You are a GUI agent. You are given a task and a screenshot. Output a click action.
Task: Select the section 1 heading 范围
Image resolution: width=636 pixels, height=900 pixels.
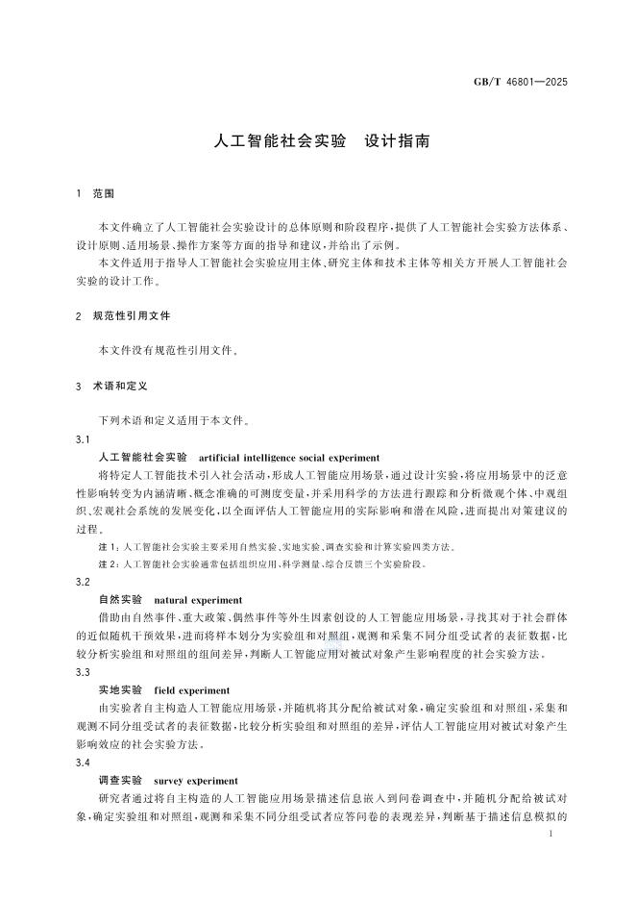tap(104, 193)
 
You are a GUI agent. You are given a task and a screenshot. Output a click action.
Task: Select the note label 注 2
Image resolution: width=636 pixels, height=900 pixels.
tap(110, 564)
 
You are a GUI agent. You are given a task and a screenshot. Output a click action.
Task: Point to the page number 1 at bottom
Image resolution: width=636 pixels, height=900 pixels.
tap(549, 837)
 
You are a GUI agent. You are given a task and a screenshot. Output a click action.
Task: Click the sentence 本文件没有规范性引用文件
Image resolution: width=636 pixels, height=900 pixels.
tap(167, 350)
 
